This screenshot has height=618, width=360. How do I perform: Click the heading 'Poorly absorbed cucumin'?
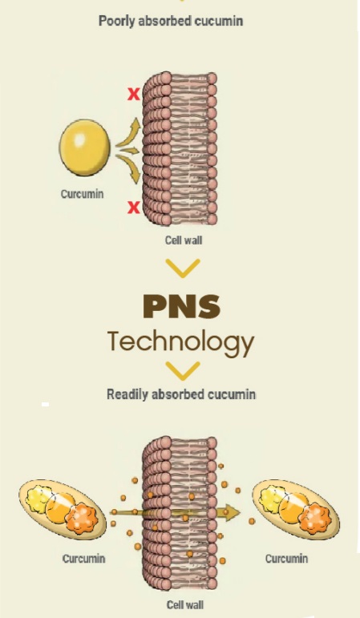click(171, 21)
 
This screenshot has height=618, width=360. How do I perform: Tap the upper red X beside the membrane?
click(134, 94)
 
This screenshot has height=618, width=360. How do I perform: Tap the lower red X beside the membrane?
click(134, 207)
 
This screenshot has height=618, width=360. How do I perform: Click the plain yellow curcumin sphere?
click(84, 147)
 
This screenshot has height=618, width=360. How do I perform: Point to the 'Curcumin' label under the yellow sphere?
click(83, 194)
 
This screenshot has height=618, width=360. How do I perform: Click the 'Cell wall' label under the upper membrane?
click(184, 240)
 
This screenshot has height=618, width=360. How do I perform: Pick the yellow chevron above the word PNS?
click(183, 268)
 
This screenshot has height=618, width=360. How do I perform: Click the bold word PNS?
click(181, 307)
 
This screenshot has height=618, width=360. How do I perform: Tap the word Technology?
click(181, 343)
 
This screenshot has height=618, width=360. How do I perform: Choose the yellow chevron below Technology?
click(183, 371)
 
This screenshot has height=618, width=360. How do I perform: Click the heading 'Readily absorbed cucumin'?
click(181, 394)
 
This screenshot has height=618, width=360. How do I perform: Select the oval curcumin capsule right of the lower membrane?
click(296, 509)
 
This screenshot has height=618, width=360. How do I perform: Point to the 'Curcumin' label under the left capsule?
click(84, 559)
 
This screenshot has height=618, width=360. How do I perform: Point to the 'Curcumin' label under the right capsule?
click(287, 559)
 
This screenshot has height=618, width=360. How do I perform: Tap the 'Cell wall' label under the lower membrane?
click(185, 604)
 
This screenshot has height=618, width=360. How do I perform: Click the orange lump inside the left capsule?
click(82, 518)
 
